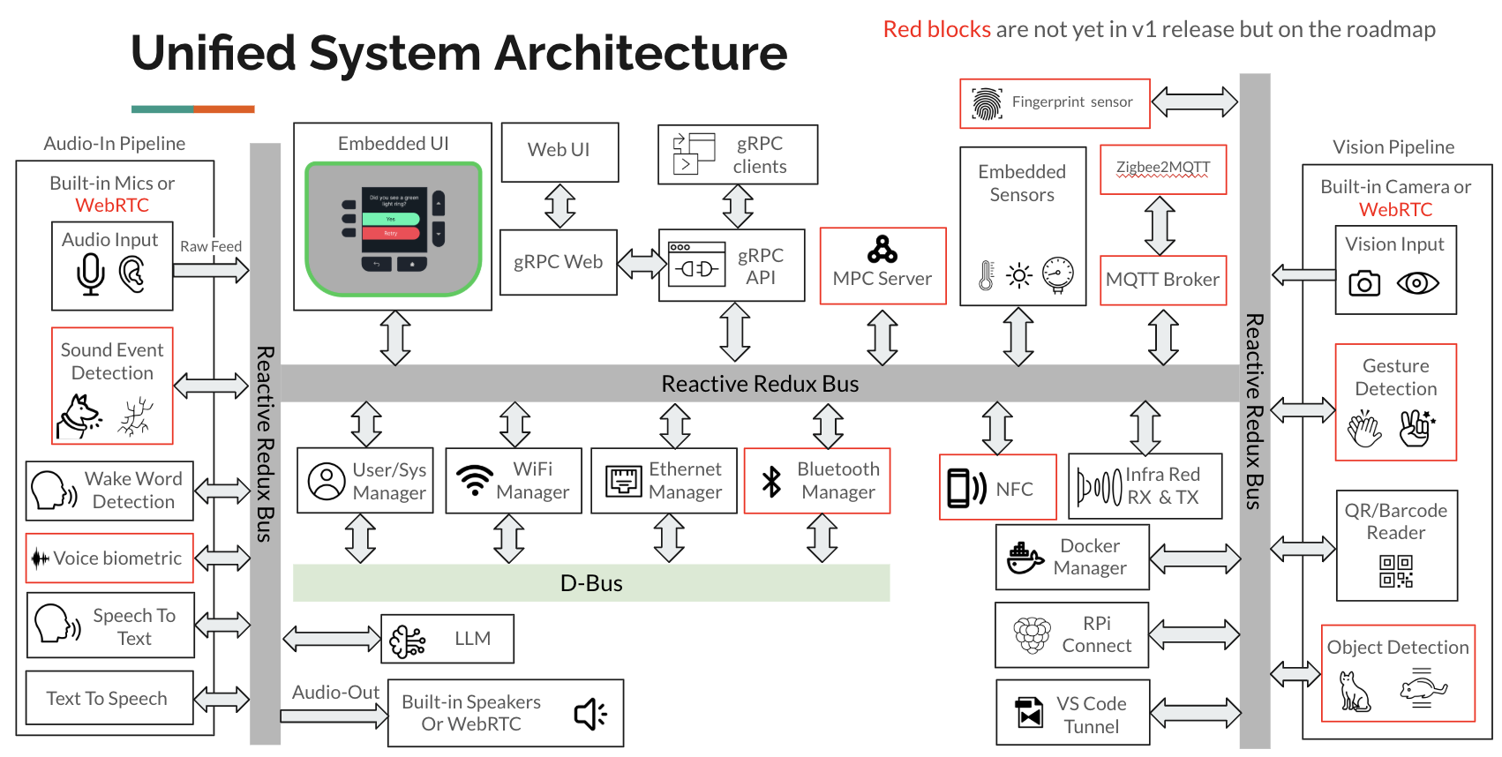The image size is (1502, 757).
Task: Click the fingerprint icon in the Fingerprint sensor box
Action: pos(987,103)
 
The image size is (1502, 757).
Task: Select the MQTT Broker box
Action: pos(1162,280)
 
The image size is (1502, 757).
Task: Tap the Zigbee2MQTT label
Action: pos(1162,168)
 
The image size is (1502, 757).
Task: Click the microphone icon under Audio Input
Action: pos(91,274)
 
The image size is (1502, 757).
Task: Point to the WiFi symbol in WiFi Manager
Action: pos(475,480)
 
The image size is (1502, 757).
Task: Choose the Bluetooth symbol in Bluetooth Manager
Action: pos(771,482)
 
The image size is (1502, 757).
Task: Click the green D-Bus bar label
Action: pos(591,583)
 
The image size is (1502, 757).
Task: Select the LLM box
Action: pos(447,639)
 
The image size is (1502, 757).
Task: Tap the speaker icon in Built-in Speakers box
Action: pos(590,714)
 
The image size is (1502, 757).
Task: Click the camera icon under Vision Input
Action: pos(1364,283)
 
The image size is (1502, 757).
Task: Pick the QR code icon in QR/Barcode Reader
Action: pos(1396,571)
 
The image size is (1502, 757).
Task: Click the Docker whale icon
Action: pos(1024,558)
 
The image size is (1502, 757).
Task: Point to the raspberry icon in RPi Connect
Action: pos(1032,635)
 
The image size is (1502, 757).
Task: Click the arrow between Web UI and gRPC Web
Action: pos(559,206)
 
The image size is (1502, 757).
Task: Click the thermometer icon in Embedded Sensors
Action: pos(987,275)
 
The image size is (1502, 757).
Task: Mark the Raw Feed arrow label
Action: pos(211,247)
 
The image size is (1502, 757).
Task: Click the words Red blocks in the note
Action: pos(936,30)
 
